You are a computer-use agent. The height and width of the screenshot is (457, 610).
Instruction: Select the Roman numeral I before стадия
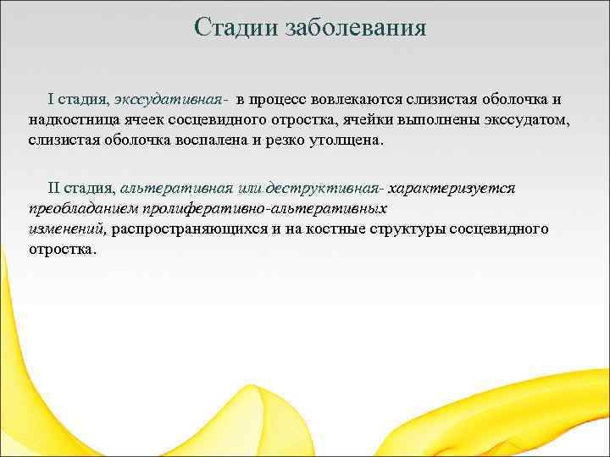[51, 101]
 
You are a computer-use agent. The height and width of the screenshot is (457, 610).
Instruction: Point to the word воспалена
[234, 140]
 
